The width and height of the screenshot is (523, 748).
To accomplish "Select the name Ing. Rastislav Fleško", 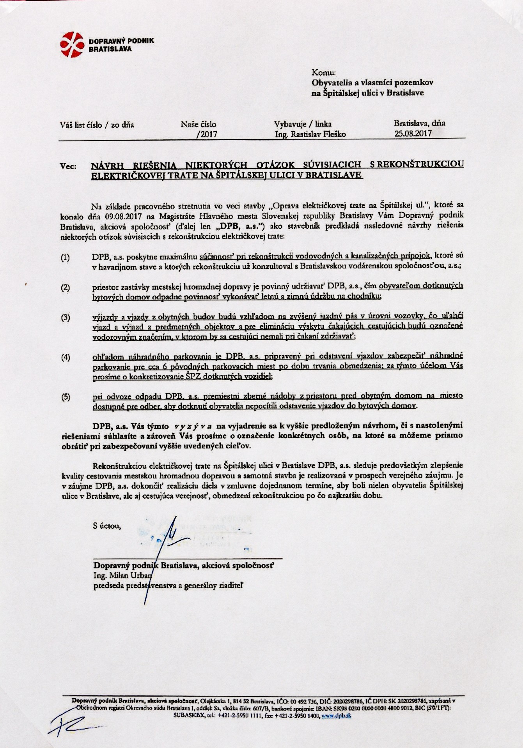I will (x=310, y=134).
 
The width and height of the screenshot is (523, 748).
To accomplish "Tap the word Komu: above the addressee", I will (x=321, y=72).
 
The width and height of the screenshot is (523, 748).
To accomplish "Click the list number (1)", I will (x=65, y=258).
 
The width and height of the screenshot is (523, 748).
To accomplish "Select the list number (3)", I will (x=65, y=318).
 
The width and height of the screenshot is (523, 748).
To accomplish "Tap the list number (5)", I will (x=65, y=397).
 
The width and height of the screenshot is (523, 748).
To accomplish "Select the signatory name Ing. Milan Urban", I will (x=122, y=575).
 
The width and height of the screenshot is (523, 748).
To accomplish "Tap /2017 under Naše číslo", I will (x=207, y=134).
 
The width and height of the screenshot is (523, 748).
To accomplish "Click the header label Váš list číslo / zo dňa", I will (x=97, y=125).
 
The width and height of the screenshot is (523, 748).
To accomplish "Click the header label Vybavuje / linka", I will (x=303, y=124).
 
